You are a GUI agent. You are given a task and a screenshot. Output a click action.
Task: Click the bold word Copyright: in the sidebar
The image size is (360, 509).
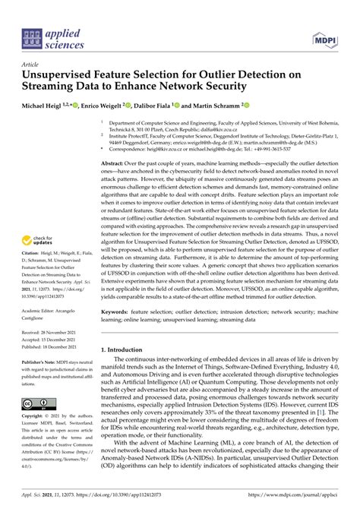[x=36, y=418]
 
